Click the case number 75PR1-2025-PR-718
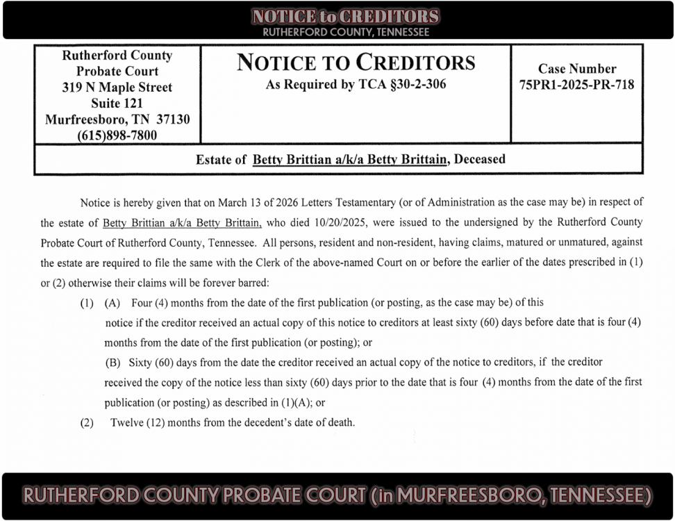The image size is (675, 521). coord(576,85)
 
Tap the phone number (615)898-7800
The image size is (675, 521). coord(117,135)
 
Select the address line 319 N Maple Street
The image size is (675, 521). coord(117,88)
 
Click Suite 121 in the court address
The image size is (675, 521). coord(117,104)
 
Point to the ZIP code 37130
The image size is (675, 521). coord(170,119)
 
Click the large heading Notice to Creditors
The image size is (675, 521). coord(356,63)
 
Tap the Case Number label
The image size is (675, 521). coord(576,69)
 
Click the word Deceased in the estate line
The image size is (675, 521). coord(480,159)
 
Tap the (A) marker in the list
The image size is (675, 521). coord(112,303)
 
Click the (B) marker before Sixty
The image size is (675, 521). coord(112,362)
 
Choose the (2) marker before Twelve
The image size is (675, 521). coord(87,422)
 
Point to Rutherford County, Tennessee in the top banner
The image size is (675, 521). coord(346,33)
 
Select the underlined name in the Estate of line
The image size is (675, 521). coord(349,159)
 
